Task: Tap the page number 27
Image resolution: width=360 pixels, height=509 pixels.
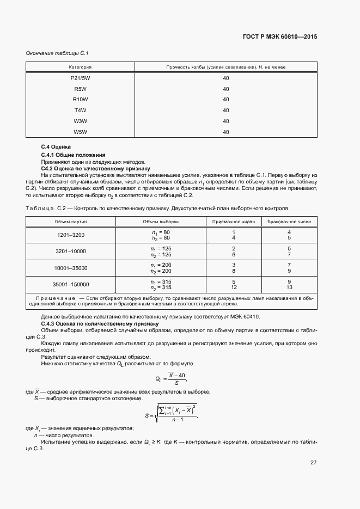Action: (313, 462)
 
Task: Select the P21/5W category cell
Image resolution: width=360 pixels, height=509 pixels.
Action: (80, 78)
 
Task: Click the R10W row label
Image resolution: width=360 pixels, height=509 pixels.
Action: (80, 99)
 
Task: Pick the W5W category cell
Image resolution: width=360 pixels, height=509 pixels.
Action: (80, 131)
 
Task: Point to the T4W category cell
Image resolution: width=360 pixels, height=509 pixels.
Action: (80, 110)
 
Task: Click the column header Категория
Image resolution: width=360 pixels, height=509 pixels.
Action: (80, 67)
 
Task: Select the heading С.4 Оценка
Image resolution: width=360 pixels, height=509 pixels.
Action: (56, 148)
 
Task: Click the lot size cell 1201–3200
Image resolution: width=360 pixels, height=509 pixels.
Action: (71, 235)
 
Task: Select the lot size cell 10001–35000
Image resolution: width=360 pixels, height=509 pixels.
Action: (71, 268)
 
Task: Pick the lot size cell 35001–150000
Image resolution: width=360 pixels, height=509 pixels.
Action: (71, 284)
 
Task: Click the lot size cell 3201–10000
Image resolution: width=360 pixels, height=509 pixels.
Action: (71, 251)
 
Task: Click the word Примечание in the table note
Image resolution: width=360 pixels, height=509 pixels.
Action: (55, 298)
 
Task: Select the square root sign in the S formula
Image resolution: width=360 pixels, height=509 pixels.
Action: (156, 413)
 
